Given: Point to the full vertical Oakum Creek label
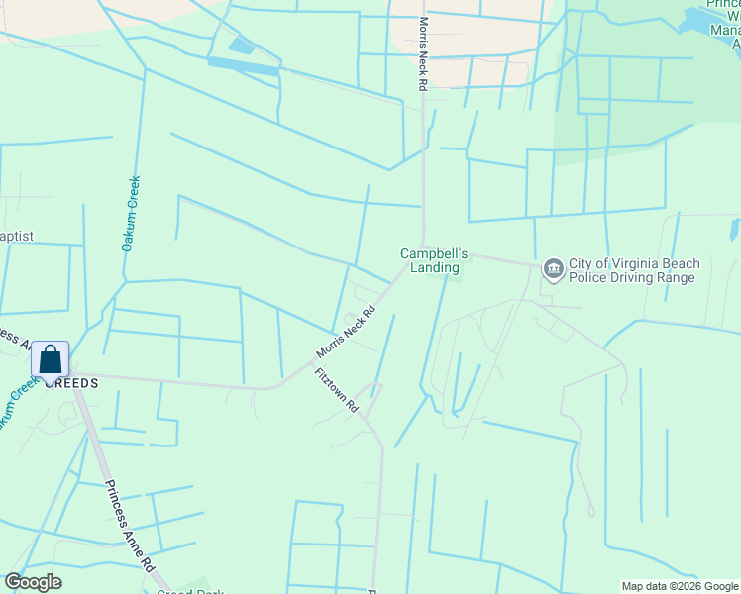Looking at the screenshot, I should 129,213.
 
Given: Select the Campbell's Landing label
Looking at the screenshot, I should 430,260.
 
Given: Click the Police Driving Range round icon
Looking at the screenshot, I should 553,269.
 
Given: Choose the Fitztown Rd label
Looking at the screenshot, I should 336,391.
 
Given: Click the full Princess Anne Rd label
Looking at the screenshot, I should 130,526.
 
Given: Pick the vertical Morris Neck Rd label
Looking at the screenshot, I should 423,54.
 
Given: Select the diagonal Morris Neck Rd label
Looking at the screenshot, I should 347,332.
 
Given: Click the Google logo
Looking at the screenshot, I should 33,582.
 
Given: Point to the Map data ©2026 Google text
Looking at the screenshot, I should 681,586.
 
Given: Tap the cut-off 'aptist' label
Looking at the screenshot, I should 17,236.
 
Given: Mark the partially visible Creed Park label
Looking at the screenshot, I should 190,591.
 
